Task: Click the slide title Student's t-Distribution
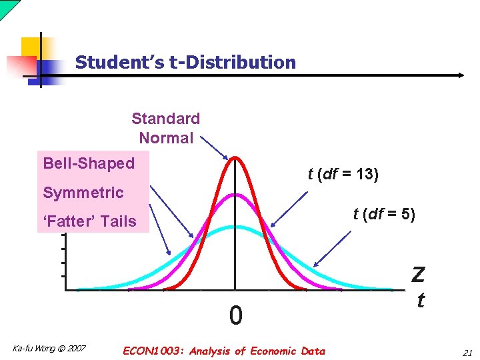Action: point(185,63)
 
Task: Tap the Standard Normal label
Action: point(166,128)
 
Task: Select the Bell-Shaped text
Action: point(89,163)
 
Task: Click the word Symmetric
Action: point(83,193)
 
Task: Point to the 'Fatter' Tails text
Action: point(89,221)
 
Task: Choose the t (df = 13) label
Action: point(343,175)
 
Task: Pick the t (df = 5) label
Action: point(384,214)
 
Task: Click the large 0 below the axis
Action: point(235,315)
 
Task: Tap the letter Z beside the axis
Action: point(419,275)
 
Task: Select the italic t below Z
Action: point(420,301)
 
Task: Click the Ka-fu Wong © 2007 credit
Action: point(49,349)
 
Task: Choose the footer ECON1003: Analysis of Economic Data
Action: point(224,351)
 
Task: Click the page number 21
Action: point(466,351)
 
